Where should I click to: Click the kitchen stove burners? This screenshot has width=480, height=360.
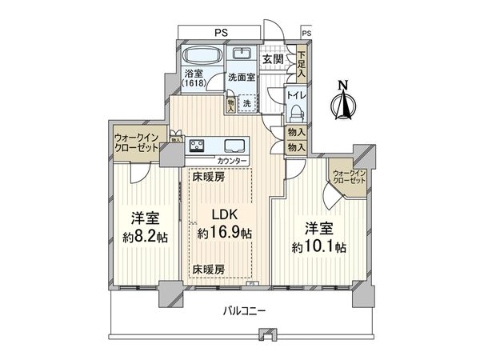point(198,146)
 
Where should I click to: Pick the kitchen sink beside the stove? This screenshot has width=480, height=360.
point(235,146)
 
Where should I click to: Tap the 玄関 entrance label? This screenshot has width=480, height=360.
point(273,58)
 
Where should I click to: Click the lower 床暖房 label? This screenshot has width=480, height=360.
point(207,270)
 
